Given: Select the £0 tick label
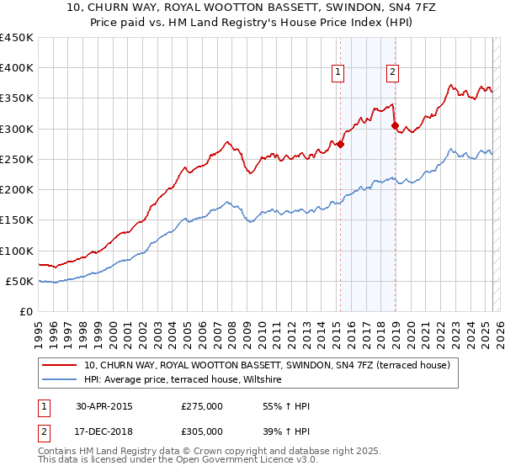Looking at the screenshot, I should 25,312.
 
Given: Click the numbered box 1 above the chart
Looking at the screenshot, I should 338,72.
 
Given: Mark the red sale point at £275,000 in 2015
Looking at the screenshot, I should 341,144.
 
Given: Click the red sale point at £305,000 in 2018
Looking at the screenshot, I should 395,126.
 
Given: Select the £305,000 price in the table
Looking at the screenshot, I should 202,430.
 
